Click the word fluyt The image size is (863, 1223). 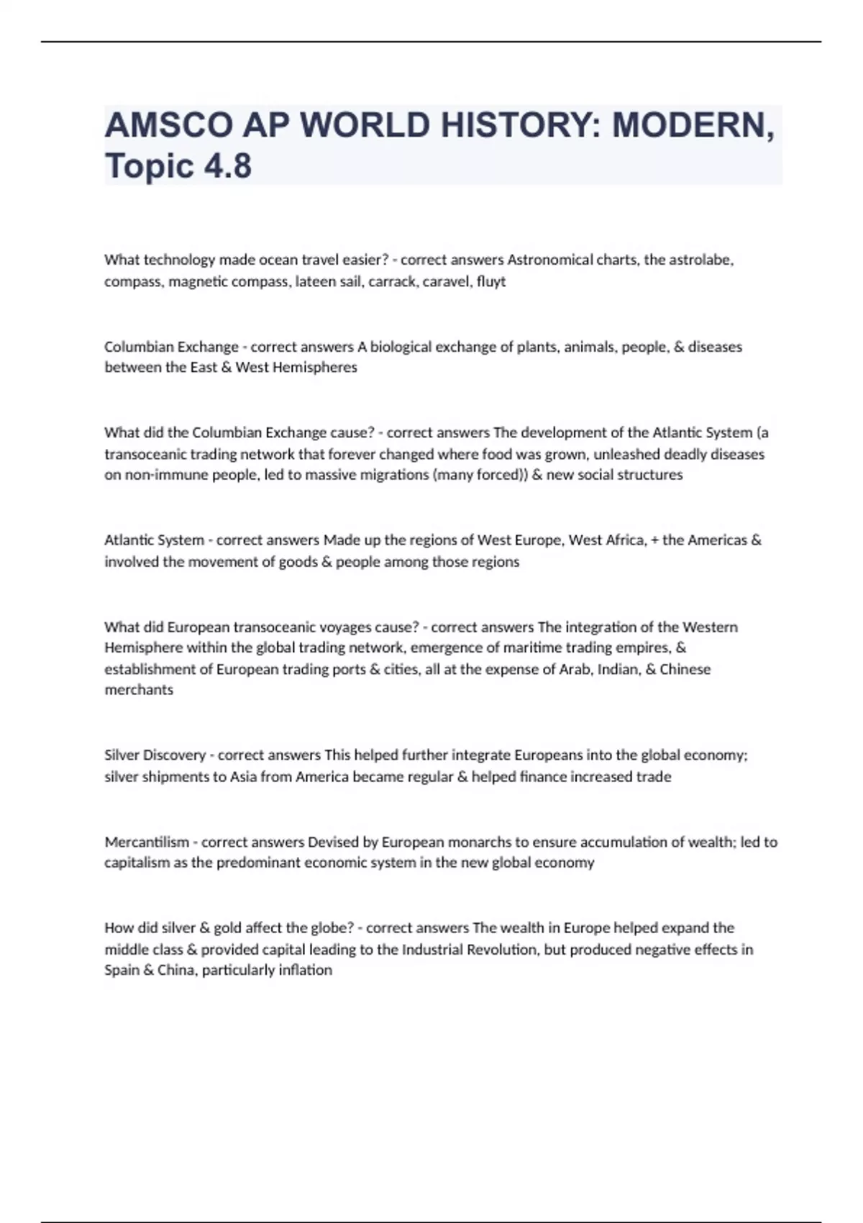[491, 281]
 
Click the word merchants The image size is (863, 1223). [139, 690]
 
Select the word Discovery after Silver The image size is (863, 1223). [175, 755]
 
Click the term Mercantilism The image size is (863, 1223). [147, 842]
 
